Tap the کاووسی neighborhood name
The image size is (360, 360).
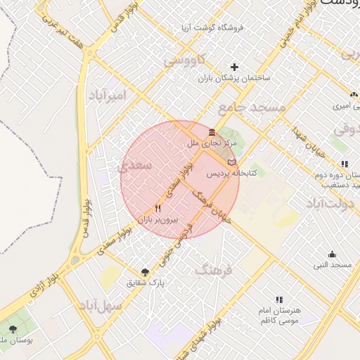tap(186, 60)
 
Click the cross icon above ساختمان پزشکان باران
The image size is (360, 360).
tap(234, 67)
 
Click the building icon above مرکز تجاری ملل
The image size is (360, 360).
tap(212, 132)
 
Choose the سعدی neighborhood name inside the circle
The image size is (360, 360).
tap(135, 166)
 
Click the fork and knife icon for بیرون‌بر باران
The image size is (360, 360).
tap(157, 209)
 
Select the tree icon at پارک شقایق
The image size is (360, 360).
tap(145, 271)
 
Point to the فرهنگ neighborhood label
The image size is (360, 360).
tap(212, 269)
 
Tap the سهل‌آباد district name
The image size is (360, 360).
tap(102, 306)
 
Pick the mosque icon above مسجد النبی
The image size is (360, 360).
tap(332, 254)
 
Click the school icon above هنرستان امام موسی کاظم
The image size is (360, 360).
tap(280, 300)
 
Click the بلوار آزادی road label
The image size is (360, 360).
tap(41, 281)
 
